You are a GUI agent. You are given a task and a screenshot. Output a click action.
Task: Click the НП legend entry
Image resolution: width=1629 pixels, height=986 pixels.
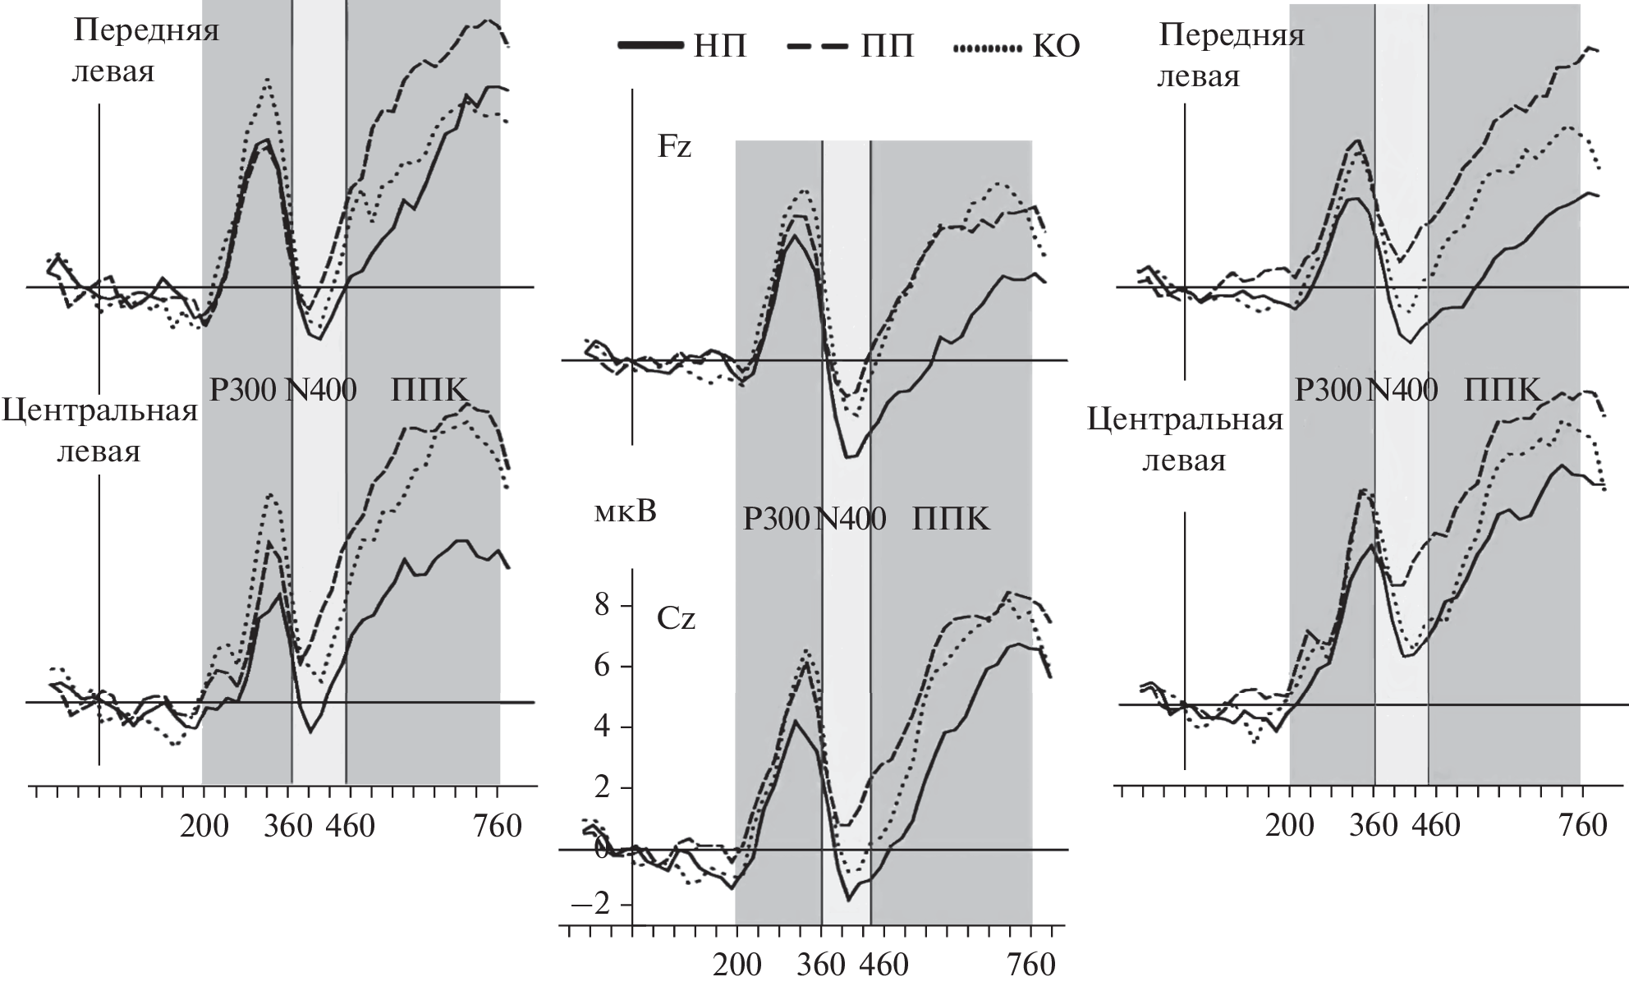point(684,48)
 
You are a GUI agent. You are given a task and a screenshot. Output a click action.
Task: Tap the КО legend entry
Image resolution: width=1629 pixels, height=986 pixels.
point(1017,48)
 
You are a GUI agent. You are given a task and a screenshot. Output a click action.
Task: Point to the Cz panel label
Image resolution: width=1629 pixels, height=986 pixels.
point(676,618)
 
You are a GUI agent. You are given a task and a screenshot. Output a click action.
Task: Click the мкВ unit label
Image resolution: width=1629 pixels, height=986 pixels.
point(625,513)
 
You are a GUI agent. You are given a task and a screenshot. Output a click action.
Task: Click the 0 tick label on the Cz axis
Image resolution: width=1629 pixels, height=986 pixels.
point(603,849)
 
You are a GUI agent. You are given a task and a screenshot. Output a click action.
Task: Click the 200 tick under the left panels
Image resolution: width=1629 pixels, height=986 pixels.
point(204,826)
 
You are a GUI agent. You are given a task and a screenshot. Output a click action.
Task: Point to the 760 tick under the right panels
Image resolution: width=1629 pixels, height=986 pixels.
point(1581,826)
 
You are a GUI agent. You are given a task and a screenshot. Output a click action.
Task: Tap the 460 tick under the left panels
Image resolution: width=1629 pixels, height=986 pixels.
point(351,826)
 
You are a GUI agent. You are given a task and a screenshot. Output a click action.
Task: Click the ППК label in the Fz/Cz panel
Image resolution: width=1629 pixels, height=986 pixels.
point(951,520)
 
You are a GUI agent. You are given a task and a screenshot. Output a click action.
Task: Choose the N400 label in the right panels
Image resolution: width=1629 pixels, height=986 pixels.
point(1402,390)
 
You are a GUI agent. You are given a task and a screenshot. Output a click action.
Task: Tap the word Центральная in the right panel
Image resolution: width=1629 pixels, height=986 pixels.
point(1185,420)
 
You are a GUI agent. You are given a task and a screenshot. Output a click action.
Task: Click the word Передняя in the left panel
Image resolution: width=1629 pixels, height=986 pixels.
point(146,30)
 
